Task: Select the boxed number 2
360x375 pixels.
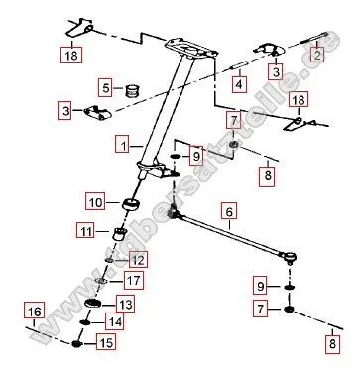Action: pos(317,56)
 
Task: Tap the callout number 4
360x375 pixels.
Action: pos(237,84)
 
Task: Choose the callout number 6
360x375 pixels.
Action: pos(229,211)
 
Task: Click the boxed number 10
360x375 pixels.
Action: pos(96,203)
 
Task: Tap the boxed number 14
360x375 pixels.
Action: pos(115,321)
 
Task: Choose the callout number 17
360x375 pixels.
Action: pos(134,281)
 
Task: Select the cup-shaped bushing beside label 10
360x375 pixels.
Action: pos(128,205)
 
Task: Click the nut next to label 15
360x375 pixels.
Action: pos(76,344)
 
